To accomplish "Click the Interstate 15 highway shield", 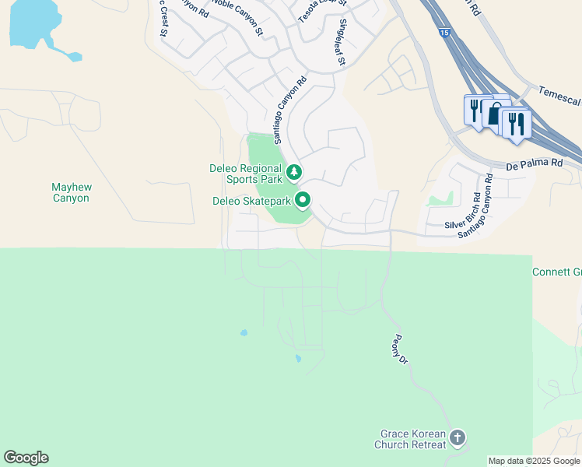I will pyautogui.click(x=443, y=33).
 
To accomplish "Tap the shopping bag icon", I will pyautogui.click(x=495, y=114).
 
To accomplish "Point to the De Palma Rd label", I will pyautogui.click(x=533, y=164).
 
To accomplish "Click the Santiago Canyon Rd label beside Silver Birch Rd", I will pyautogui.click(x=477, y=205).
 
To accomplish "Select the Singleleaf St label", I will pyautogui.click(x=340, y=45).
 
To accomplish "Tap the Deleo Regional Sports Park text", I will pyautogui.click(x=246, y=174).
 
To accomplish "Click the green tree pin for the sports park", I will pyautogui.click(x=293, y=172).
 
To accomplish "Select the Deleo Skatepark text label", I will pyautogui.click(x=251, y=201).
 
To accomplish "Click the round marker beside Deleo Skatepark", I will pyautogui.click(x=303, y=200).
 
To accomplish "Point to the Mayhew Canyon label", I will pyautogui.click(x=71, y=192).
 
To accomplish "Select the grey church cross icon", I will pyautogui.click(x=458, y=438).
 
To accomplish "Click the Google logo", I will pyautogui.click(x=26, y=458).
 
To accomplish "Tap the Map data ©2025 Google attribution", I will pyautogui.click(x=535, y=461).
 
